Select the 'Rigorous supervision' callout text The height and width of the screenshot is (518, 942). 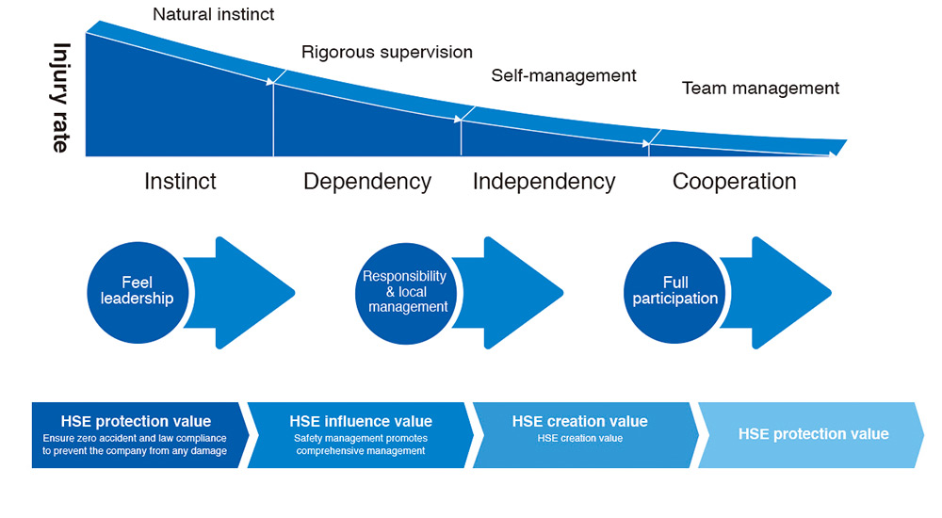tap(387, 52)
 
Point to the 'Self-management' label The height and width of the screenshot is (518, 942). tap(563, 75)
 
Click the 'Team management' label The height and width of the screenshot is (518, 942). tap(760, 89)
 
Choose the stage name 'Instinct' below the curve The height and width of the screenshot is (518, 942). tap(180, 181)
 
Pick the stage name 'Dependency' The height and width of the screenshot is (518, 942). tap(367, 181)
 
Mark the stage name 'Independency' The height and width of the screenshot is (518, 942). tap(544, 181)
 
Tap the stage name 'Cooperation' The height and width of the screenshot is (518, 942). tap(735, 181)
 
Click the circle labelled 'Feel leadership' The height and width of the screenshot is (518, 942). tap(136, 291)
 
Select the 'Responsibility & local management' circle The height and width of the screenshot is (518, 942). tap(404, 291)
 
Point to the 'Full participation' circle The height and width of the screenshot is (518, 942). tap(674, 291)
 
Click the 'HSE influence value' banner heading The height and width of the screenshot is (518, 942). tap(361, 421)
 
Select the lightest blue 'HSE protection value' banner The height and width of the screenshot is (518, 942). tap(813, 434)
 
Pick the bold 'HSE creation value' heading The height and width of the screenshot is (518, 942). tap(579, 421)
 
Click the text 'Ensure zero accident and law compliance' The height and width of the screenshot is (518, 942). tap(135, 438)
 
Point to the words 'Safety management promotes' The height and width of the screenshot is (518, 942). tap(361, 438)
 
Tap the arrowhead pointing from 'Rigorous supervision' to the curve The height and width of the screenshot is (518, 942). tap(274, 82)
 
